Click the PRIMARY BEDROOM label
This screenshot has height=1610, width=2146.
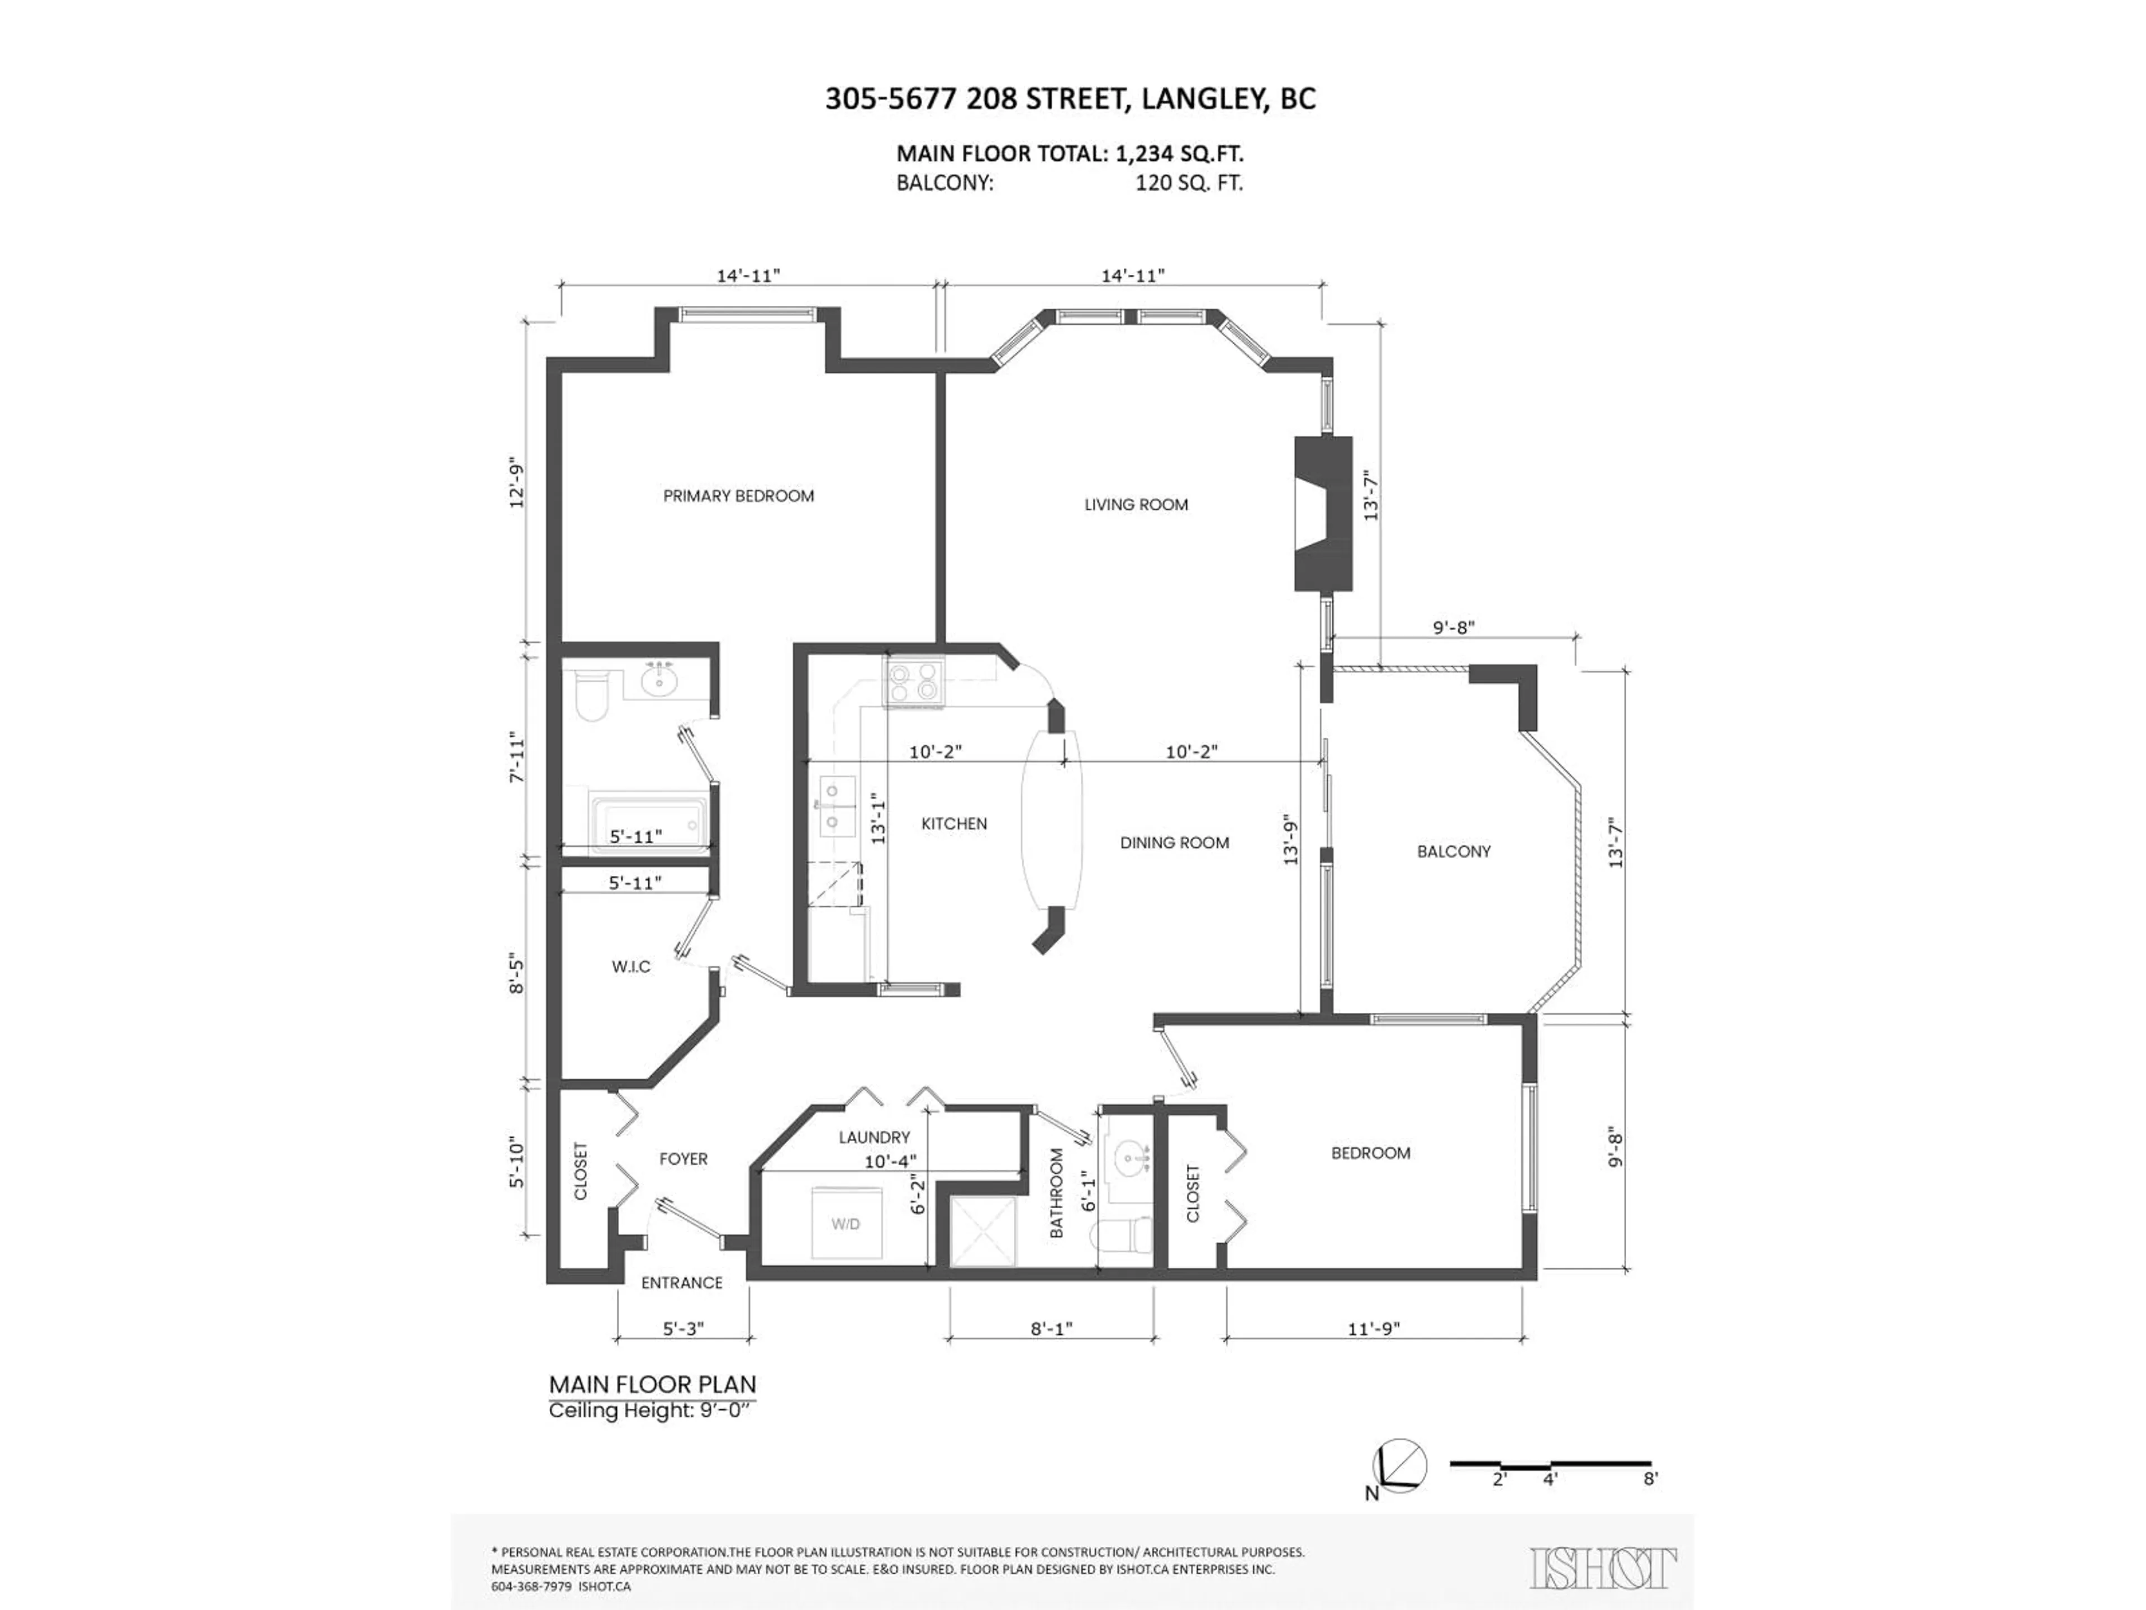point(738,496)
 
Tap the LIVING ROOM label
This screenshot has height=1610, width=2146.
point(1136,505)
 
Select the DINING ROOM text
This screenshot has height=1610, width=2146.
point(1175,842)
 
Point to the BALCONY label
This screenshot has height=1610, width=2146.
point(1454,851)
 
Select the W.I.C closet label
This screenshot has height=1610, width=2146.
point(630,967)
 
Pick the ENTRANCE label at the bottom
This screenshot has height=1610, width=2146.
point(682,1283)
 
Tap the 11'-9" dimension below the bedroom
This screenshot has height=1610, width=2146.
point(1374,1329)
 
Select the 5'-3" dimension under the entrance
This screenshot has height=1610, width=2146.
point(683,1329)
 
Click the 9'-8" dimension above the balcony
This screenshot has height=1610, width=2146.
point(1454,628)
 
